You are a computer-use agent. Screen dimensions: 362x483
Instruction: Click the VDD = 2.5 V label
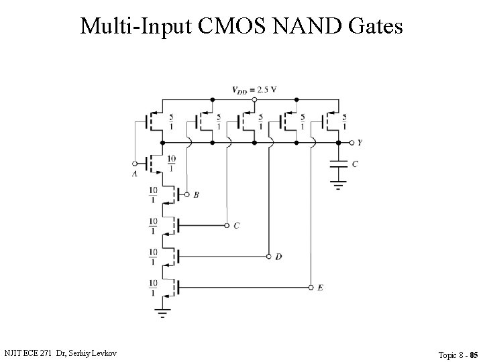point(254,90)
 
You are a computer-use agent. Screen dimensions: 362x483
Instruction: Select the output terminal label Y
point(360,143)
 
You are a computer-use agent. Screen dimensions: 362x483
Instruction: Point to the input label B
point(196,195)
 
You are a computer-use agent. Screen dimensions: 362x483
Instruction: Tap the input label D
point(278,257)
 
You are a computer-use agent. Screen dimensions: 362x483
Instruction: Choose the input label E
point(320,288)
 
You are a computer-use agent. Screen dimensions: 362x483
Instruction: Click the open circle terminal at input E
point(311,288)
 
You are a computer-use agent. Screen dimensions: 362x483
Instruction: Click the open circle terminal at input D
point(268,257)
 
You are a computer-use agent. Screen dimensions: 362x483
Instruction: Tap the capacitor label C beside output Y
point(355,164)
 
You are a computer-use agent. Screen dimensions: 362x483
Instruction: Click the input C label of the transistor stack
point(236,226)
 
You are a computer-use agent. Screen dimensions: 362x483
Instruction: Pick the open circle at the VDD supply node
point(254,99)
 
